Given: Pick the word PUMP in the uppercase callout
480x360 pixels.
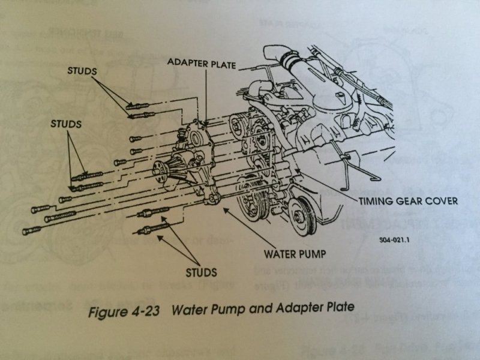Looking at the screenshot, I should coord(313,254).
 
